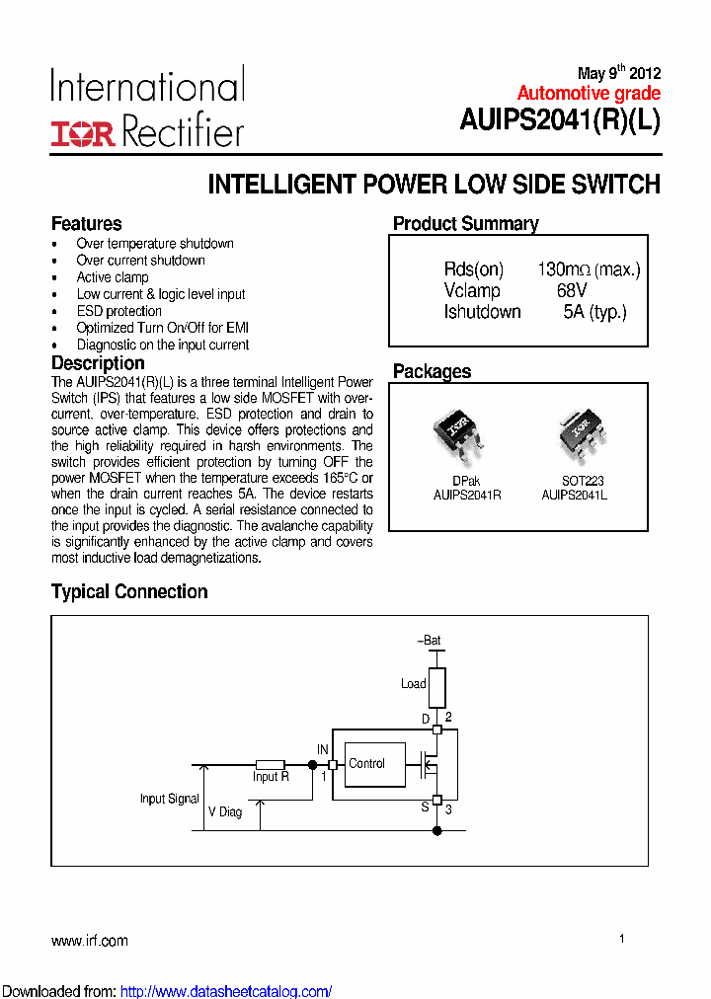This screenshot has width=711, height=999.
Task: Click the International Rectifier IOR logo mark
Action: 83,133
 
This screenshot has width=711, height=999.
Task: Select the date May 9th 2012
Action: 618,74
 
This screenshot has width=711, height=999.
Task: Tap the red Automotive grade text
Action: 589,94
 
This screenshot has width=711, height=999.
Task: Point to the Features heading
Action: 87,224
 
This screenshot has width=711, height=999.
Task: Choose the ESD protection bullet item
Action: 118,311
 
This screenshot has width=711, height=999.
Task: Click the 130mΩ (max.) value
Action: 589,269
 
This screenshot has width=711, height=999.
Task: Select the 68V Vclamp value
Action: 571,291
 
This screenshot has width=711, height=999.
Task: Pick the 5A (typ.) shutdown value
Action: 594,313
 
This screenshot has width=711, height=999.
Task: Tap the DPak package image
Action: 457,435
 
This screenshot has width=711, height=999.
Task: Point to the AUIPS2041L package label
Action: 574,496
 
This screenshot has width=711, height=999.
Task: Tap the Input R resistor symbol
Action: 270,765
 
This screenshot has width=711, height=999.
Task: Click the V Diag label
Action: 224,811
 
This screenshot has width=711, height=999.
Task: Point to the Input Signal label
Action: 169,799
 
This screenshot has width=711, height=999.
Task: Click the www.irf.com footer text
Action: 89,941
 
